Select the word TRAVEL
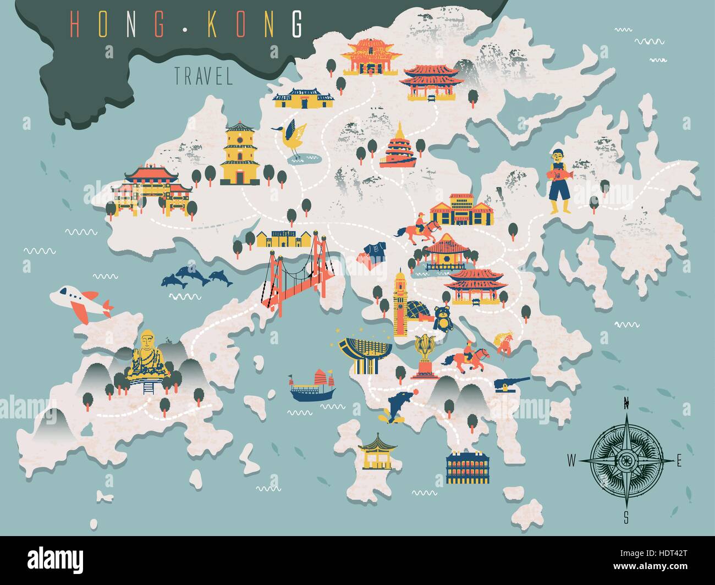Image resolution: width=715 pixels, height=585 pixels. point(204,76)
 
